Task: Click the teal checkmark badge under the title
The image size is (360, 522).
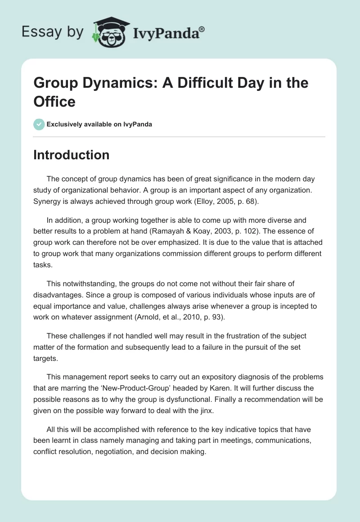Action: [39, 124]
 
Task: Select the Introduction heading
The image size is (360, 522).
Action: [71, 155]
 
